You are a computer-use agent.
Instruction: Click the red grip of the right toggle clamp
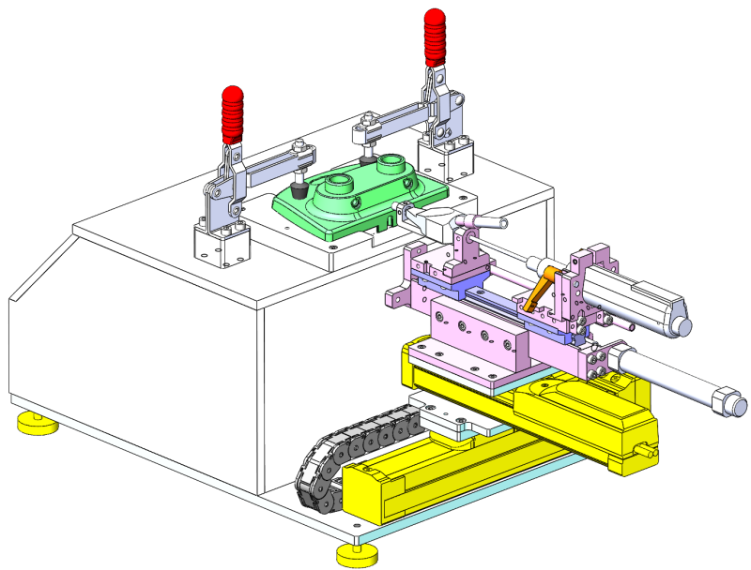click(x=436, y=38)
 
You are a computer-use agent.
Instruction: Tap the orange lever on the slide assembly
click(x=541, y=286)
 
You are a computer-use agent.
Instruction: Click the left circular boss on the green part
click(x=337, y=181)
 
